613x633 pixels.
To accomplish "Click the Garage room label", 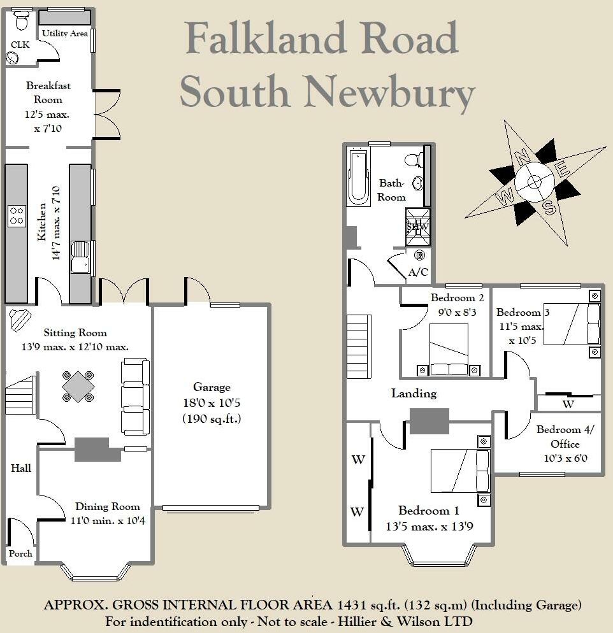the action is click(x=212, y=387).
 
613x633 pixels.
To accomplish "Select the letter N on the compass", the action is click(x=522, y=155).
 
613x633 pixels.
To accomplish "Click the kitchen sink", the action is click(x=81, y=257).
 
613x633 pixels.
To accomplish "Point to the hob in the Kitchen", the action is click(x=16, y=215).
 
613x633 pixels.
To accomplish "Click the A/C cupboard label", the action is click(x=418, y=272).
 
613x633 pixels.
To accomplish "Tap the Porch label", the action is click(x=21, y=553).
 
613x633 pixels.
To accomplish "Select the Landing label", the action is click(x=414, y=394).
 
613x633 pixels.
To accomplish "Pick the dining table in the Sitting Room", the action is click(x=78, y=387).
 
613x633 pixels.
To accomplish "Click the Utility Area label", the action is click(x=64, y=33).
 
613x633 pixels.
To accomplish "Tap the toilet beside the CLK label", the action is click(x=21, y=22).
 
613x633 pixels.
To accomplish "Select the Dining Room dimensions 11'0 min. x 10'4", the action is click(x=108, y=520).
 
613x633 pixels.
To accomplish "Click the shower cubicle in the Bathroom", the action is click(x=418, y=227).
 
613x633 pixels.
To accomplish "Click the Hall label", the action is click(x=21, y=468).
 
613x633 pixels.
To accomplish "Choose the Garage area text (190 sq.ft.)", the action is click(x=212, y=419).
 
